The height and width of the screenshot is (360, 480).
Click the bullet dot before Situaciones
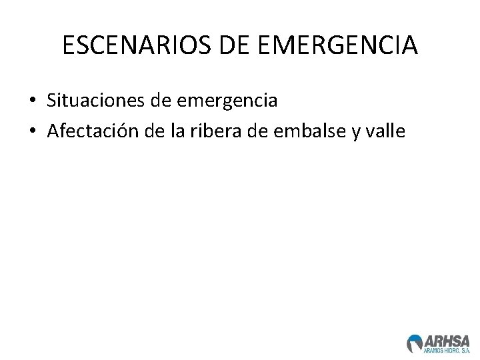click(x=33, y=102)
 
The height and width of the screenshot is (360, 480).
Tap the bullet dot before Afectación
click(x=33, y=132)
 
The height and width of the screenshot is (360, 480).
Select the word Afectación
click(x=91, y=131)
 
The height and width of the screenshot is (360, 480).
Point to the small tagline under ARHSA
click(x=447, y=350)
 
